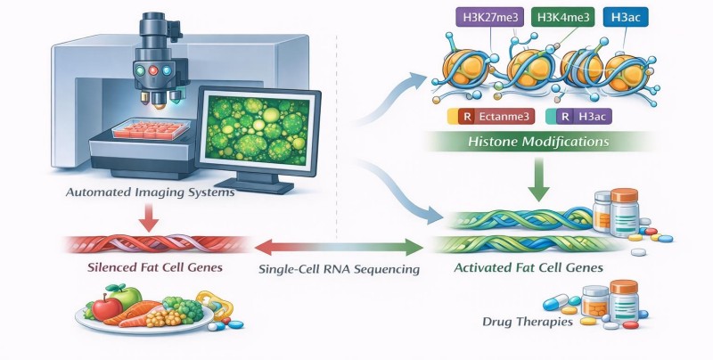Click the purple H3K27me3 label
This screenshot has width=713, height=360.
click(489, 18)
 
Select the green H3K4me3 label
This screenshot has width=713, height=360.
click(563, 18)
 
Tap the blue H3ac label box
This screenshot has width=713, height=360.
click(626, 18)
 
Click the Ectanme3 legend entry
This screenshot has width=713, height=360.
click(491, 117)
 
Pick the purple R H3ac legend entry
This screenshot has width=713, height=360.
click(578, 117)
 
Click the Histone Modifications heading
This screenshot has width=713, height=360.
click(538, 142)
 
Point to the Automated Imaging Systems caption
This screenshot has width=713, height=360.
click(150, 192)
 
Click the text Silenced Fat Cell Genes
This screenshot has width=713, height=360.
click(154, 266)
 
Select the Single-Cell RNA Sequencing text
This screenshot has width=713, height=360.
click(339, 269)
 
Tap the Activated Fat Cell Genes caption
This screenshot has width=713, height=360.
click(529, 267)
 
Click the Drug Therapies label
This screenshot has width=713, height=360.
click(528, 323)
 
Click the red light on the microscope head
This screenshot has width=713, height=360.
click(153, 70)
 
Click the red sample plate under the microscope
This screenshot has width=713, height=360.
click(151, 128)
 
